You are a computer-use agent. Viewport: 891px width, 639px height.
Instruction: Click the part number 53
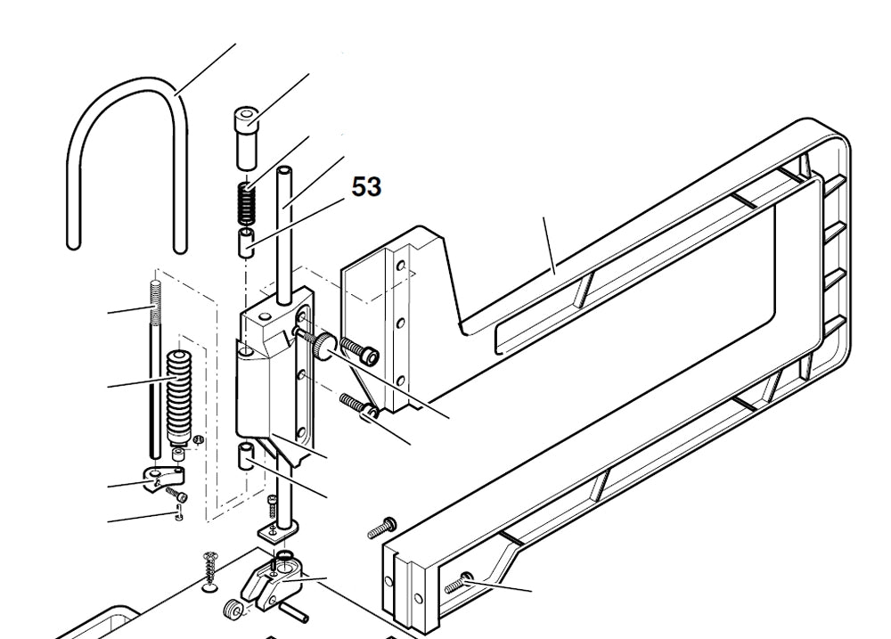coord(366,186)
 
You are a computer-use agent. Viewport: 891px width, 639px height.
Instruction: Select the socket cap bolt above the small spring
coord(247,135)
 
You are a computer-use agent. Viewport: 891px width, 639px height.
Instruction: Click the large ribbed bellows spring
coord(181,393)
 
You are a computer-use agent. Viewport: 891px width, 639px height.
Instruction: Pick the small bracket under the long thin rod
coord(160,482)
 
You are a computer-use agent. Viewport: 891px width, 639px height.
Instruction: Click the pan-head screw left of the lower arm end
coord(380,528)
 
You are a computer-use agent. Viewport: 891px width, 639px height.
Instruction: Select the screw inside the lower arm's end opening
coord(461,584)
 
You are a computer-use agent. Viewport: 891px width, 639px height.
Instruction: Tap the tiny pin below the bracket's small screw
coord(179,511)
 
